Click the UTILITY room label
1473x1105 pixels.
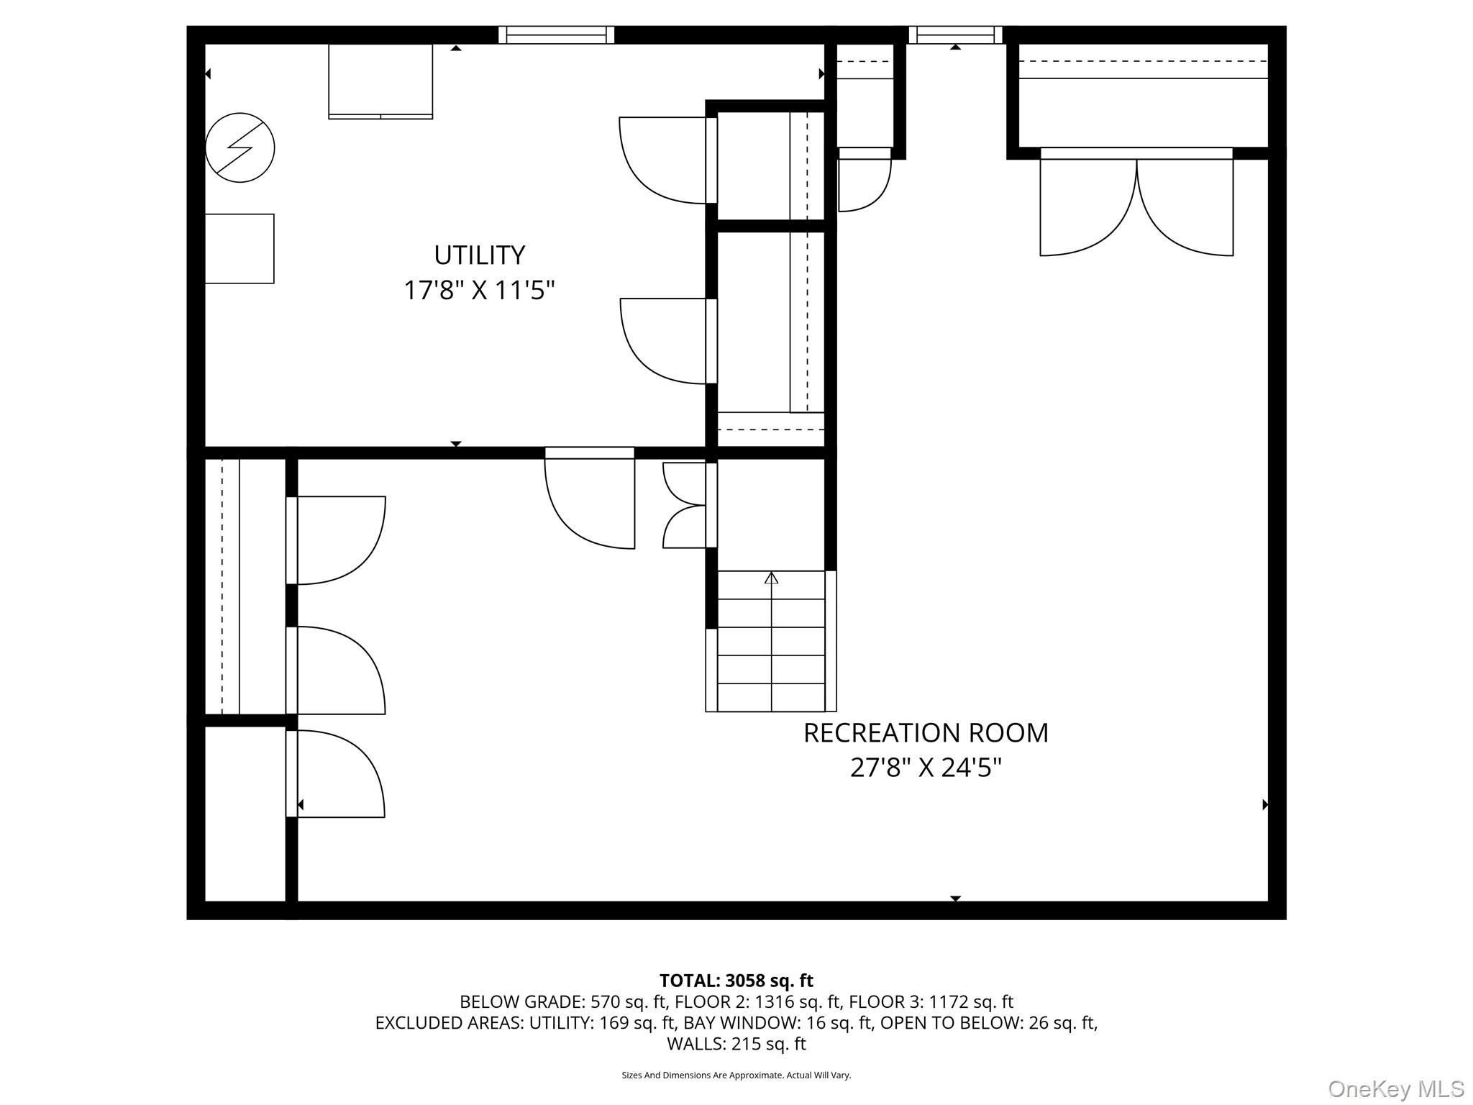click(479, 255)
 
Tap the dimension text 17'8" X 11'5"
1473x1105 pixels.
click(479, 291)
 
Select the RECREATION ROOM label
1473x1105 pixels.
click(926, 733)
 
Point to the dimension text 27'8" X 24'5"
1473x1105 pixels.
click(926, 768)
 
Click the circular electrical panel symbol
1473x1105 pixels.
click(240, 147)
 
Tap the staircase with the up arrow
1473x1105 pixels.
click(771, 640)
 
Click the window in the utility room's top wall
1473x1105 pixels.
click(556, 35)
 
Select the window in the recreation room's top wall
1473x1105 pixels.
click(955, 35)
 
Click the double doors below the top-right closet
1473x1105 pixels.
click(1136, 205)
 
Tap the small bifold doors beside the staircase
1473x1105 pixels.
click(685, 505)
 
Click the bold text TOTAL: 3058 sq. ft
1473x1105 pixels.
click(736, 981)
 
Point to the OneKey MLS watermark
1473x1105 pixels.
click(1395, 1088)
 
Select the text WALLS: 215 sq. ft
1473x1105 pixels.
click(736, 1043)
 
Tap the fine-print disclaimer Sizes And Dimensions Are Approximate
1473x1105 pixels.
click(736, 1075)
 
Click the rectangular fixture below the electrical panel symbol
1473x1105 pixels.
click(240, 248)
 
